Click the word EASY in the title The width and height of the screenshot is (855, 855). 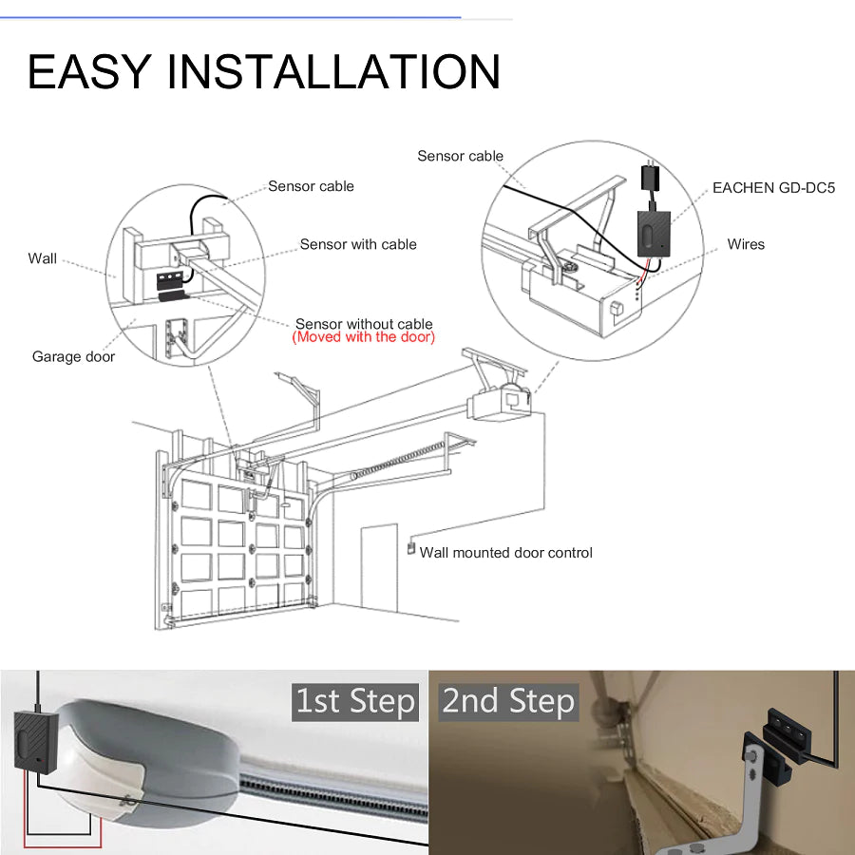[x=90, y=72]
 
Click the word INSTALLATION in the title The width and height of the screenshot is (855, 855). [x=340, y=72]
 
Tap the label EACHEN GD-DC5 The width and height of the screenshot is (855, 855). [x=773, y=188]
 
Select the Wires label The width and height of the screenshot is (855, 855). [x=746, y=244]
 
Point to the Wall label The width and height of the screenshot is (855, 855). [x=43, y=258]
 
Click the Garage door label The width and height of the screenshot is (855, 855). [x=73, y=357]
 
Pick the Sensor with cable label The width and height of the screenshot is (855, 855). [x=358, y=244]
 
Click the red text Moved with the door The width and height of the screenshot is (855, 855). [x=364, y=337]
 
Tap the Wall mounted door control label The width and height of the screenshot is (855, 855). [x=506, y=553]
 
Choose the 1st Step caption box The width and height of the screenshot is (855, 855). [x=355, y=702]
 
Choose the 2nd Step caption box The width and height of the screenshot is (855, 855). [x=508, y=702]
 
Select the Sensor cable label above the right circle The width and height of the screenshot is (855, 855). [x=460, y=156]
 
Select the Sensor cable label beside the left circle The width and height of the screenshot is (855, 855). [x=311, y=186]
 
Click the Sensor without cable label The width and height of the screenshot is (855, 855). [x=364, y=324]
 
